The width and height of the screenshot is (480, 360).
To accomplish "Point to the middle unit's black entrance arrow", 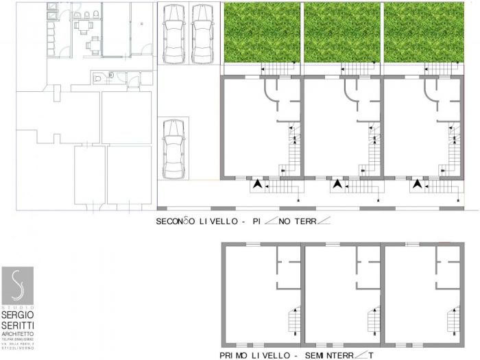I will pyautogui.click(x=337, y=184).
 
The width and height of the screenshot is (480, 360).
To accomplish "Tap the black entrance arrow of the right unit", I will pyautogui.click(x=417, y=184).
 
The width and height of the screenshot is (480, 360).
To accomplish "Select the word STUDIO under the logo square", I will pyautogui.click(x=17, y=307).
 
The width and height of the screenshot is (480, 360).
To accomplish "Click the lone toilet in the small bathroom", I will pyautogui.click(x=100, y=79).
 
